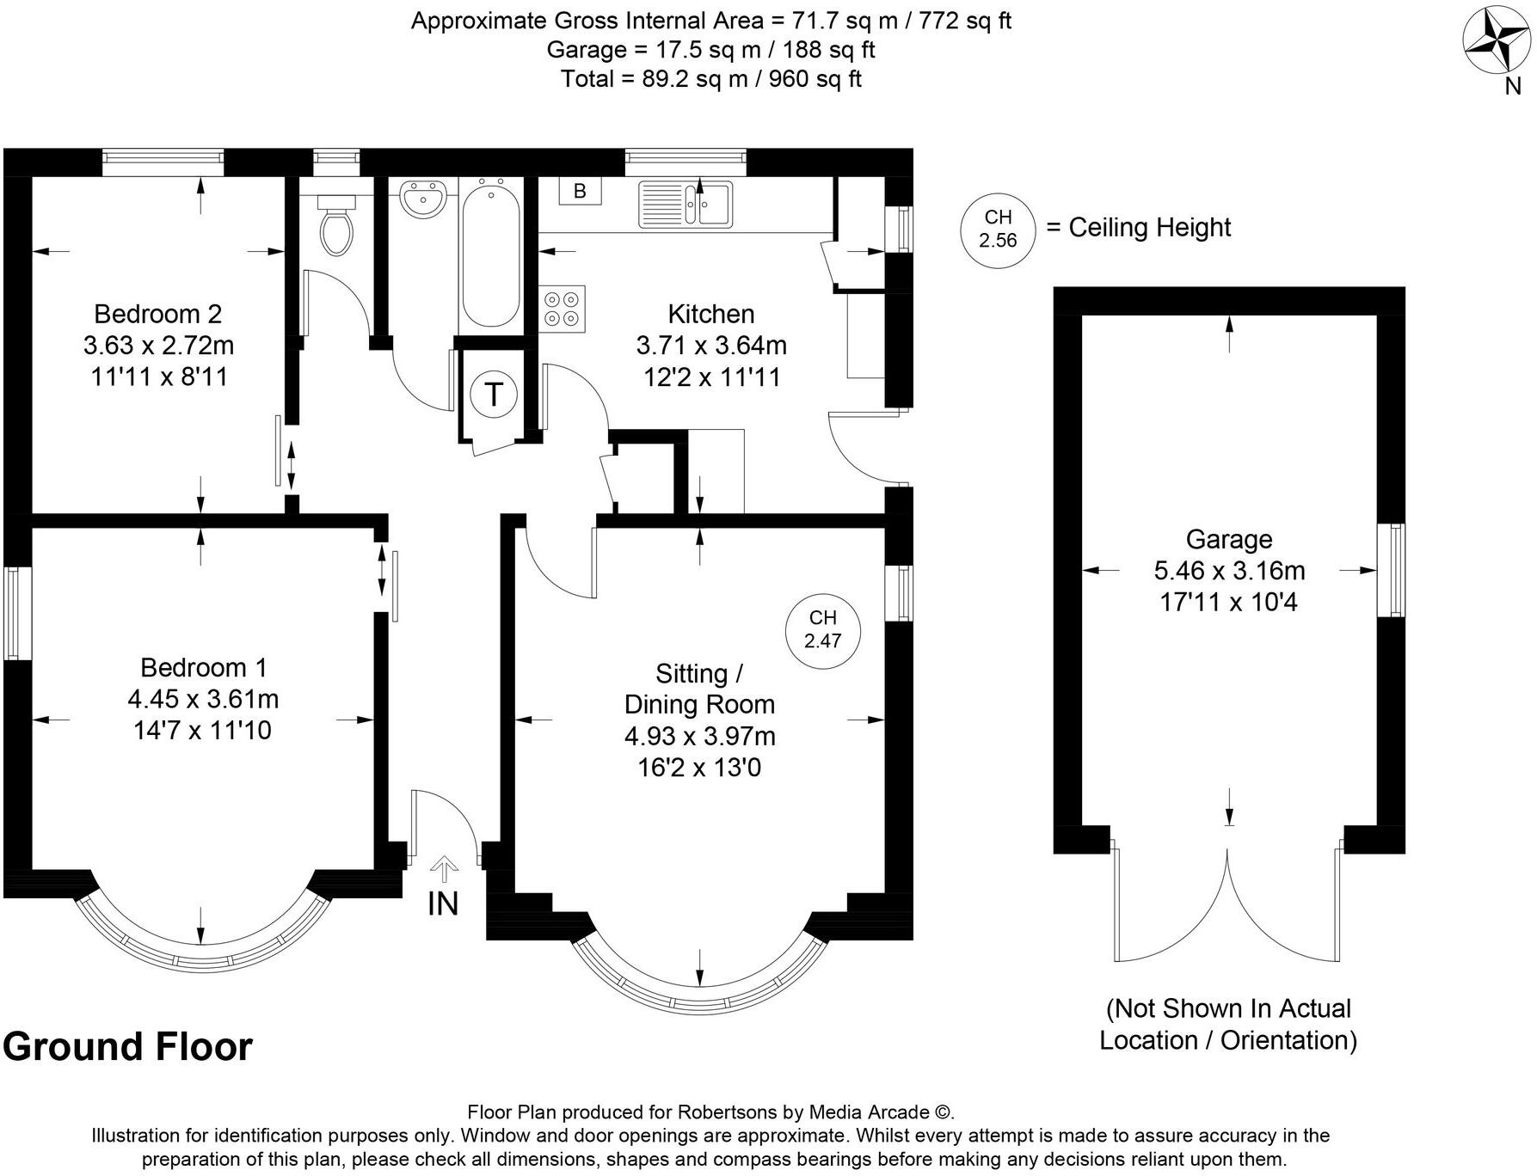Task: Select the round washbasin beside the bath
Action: [x=421, y=199]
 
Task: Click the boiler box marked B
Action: [x=580, y=191]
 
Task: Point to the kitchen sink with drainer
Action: [x=686, y=205]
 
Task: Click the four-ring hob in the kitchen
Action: [x=563, y=309]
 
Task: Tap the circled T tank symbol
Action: [x=494, y=395]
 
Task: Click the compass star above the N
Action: [x=1497, y=41]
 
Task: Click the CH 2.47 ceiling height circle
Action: [x=822, y=629]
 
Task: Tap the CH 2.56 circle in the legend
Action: [x=998, y=229]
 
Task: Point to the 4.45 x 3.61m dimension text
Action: [x=203, y=699]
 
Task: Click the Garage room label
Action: [x=1228, y=539]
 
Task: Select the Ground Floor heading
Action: [x=128, y=1046]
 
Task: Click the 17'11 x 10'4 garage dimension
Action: [x=1228, y=602]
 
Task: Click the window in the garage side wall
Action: [x=1391, y=570]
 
